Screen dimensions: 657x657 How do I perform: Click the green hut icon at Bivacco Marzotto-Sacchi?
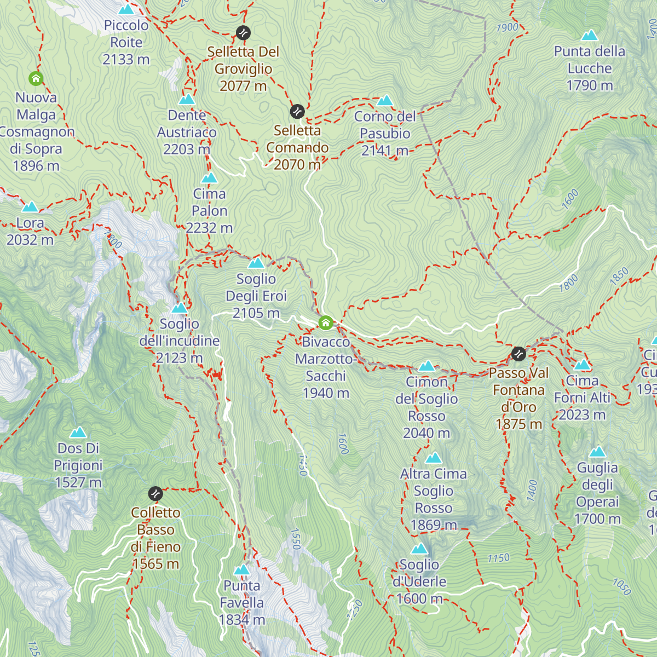pyautogui.click(x=326, y=323)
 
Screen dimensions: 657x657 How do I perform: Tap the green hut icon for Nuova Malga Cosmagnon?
pyautogui.click(x=36, y=79)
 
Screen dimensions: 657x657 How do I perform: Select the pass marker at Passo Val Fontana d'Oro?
pyautogui.click(x=518, y=354)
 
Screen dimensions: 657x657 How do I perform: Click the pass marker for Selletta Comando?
pyautogui.click(x=297, y=112)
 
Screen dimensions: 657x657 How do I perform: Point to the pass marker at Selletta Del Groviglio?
pyautogui.click(x=243, y=33)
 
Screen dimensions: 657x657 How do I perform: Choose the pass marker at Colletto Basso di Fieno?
pyautogui.click(x=156, y=494)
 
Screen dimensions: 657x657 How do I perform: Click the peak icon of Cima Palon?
pyautogui.click(x=210, y=178)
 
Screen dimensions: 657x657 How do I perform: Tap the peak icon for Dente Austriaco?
pyautogui.click(x=187, y=99)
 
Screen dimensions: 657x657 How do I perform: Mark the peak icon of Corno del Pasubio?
pyautogui.click(x=385, y=100)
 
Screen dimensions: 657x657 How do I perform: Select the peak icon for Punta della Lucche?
pyautogui.click(x=590, y=36)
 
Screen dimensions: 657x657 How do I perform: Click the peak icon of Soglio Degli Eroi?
pyautogui.click(x=256, y=263)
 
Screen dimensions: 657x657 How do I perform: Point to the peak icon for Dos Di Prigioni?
pyautogui.click(x=78, y=433)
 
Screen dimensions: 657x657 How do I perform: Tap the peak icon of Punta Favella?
pyautogui.click(x=242, y=570)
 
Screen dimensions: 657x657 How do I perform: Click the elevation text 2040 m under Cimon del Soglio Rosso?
pyautogui.click(x=427, y=433)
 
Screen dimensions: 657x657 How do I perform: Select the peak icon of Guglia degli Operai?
pyautogui.click(x=597, y=452)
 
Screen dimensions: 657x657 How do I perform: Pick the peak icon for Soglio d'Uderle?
pyautogui.click(x=419, y=549)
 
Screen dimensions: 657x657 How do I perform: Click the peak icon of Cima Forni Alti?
pyautogui.click(x=582, y=365)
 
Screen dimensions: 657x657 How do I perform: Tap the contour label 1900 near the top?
pyautogui.click(x=507, y=27)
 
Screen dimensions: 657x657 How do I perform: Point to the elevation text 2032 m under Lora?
pyautogui.click(x=30, y=240)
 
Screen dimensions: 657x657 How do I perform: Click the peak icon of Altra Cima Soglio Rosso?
pyautogui.click(x=434, y=458)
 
